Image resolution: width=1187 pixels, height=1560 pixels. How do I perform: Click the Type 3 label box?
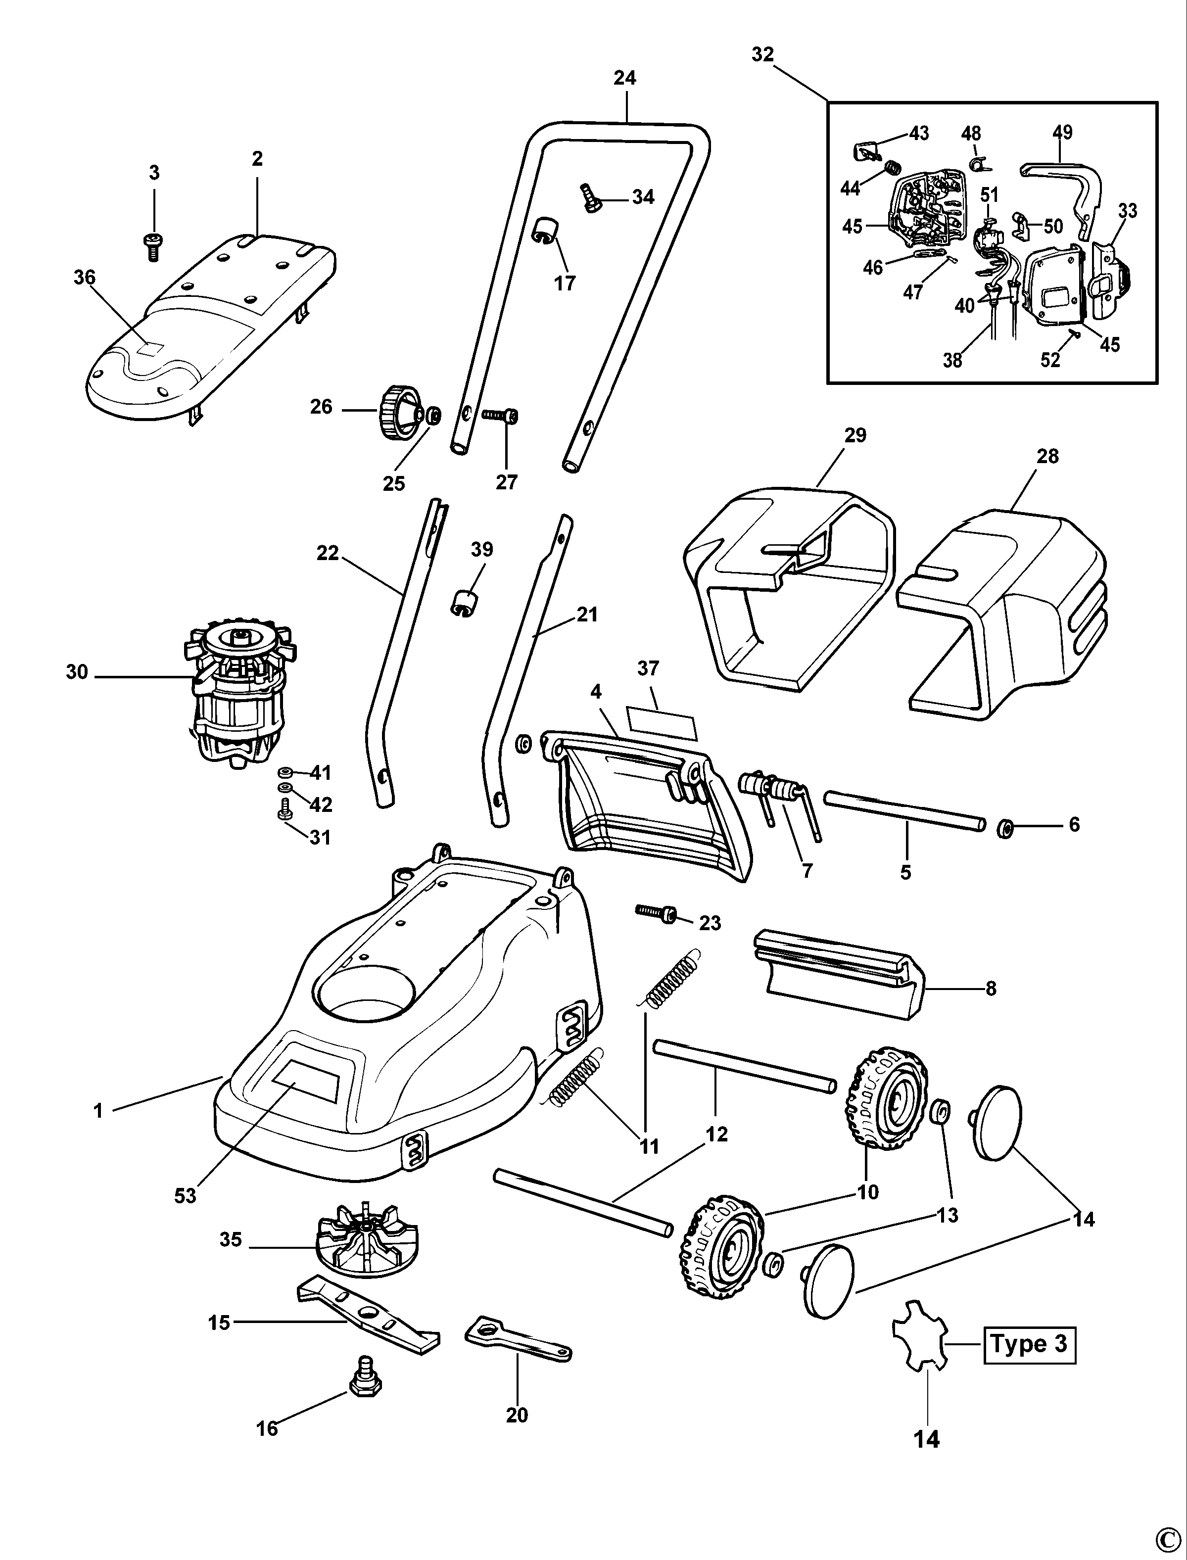pyautogui.click(x=1030, y=1344)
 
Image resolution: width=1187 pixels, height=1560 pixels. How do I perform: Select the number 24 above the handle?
pyautogui.click(x=624, y=78)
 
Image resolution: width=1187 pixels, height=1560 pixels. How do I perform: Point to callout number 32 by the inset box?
pyautogui.click(x=762, y=54)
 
